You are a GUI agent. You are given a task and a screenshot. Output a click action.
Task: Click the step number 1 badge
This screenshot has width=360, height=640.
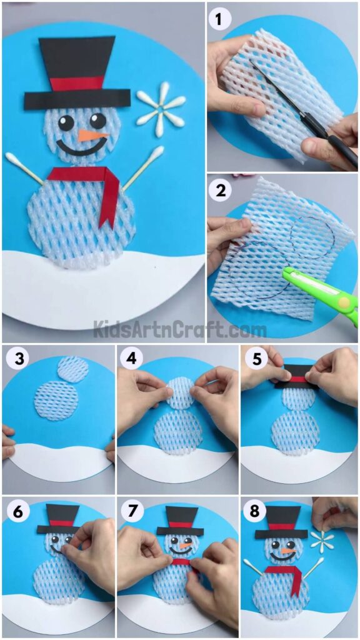tap(219, 20)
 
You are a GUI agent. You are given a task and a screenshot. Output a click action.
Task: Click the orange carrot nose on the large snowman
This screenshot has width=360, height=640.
tap(92, 135)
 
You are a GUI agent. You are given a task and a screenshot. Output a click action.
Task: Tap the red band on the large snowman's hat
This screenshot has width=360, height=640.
tap(77, 84)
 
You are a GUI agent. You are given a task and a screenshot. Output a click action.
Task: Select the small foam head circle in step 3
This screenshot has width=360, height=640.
tap(72, 369)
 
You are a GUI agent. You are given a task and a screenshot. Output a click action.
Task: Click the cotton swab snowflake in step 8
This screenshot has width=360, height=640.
tap(322, 541)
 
